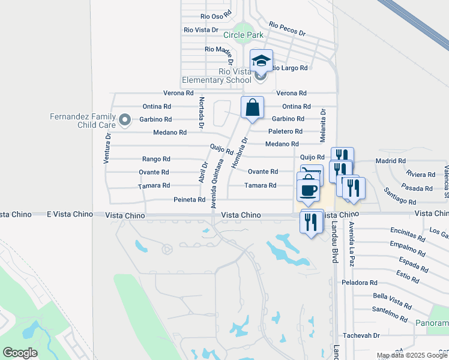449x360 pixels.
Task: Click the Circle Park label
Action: click(244, 35)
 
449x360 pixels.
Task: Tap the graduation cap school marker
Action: click(261, 61)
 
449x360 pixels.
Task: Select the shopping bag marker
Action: click(253, 108)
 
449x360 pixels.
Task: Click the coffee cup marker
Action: click(308, 190)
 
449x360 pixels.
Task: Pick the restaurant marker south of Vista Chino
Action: click(310, 223)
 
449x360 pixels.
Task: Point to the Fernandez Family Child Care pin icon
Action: click(125, 120)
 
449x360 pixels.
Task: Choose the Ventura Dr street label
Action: click(107, 148)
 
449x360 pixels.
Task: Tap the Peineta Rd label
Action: click(189, 200)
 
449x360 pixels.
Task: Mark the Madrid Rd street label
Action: click(390, 161)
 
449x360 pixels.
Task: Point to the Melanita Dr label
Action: click(322, 125)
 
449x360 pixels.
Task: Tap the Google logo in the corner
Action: click(20, 352)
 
